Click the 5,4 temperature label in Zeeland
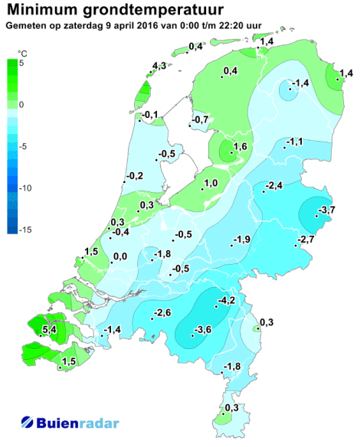[x=50, y=330]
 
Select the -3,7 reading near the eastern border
[x=327, y=210]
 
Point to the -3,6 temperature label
[x=202, y=330]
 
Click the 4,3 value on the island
[x=159, y=67]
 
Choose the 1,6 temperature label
[x=239, y=146]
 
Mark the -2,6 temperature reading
[x=162, y=313]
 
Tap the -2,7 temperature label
[x=306, y=240]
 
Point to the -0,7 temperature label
[x=201, y=119]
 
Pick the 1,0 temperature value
[x=211, y=182]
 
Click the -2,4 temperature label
[x=273, y=186]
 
